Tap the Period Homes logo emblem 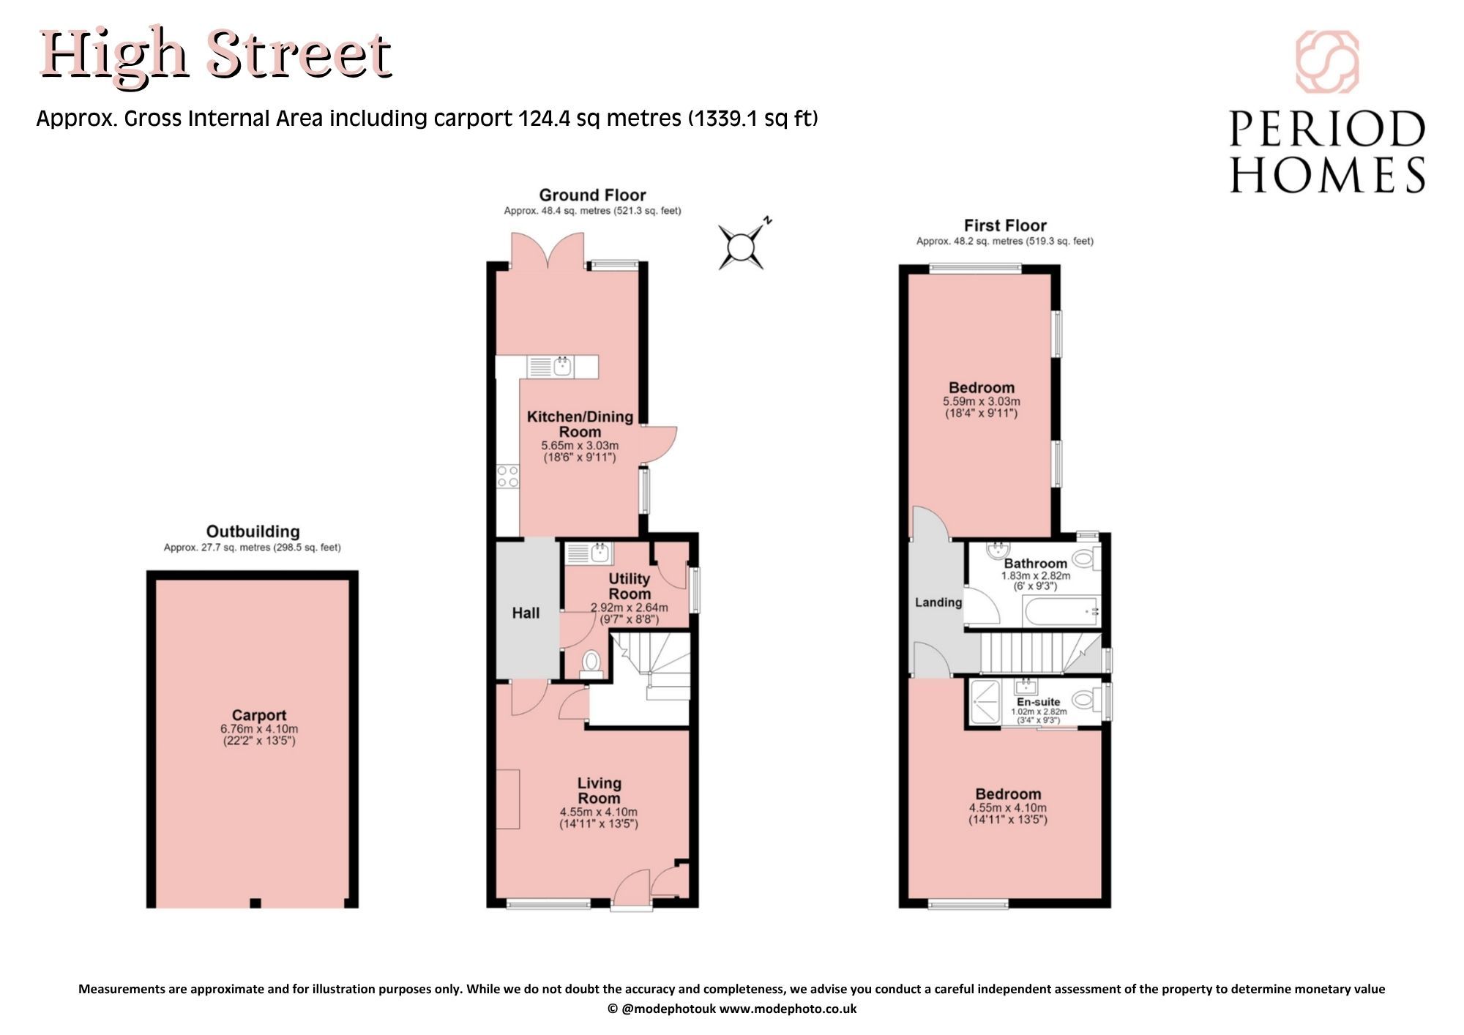click(1327, 61)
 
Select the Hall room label click(526, 613)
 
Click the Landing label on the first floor click(938, 602)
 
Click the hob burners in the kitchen click(508, 477)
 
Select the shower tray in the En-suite click(985, 702)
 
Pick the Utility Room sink click(589, 553)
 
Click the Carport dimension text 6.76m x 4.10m click(259, 729)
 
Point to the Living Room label click(600, 791)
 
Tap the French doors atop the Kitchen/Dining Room click(548, 251)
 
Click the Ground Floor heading click(592, 195)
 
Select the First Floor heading click(1005, 225)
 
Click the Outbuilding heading click(253, 531)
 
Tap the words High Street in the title click(216, 56)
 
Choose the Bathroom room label click(1035, 564)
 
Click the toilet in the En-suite click(1088, 701)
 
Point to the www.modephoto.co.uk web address click(788, 1009)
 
